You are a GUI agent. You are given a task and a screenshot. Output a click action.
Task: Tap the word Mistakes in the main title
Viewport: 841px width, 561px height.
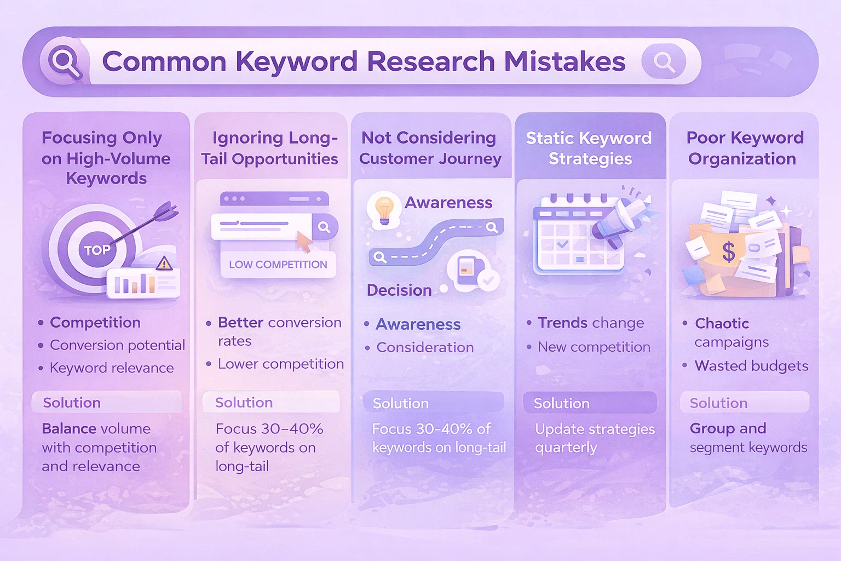tap(564, 61)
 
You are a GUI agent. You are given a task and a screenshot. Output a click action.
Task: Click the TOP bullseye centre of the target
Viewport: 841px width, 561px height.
tap(97, 250)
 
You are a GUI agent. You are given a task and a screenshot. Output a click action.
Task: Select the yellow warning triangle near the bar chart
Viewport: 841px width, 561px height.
tap(164, 264)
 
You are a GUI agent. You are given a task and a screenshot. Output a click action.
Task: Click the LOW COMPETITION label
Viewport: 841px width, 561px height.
tap(278, 265)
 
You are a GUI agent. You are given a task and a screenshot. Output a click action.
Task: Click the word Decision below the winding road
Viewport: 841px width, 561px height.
tap(399, 290)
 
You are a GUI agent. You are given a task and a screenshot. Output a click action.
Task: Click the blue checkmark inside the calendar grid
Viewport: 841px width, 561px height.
tap(562, 244)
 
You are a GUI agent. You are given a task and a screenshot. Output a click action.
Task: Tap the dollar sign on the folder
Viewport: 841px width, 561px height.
tap(729, 252)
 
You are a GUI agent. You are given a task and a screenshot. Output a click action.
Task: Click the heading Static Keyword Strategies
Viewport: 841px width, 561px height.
tap(589, 148)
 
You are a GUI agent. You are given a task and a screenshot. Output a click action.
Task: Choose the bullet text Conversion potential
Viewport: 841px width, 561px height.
tap(118, 345)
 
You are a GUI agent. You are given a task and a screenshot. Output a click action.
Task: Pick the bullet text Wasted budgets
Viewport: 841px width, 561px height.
tap(751, 366)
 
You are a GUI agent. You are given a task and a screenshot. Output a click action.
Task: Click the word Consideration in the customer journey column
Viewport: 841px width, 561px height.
tap(425, 347)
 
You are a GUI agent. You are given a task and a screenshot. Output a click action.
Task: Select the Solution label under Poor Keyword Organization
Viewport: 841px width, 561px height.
tap(718, 403)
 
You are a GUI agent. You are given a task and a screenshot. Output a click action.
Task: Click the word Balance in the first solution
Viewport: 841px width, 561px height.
tap(68, 429)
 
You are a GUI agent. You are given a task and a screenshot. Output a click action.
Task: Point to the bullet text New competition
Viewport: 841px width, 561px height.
tap(594, 347)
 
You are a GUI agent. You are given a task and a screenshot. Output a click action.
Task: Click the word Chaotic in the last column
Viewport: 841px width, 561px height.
tap(722, 324)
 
